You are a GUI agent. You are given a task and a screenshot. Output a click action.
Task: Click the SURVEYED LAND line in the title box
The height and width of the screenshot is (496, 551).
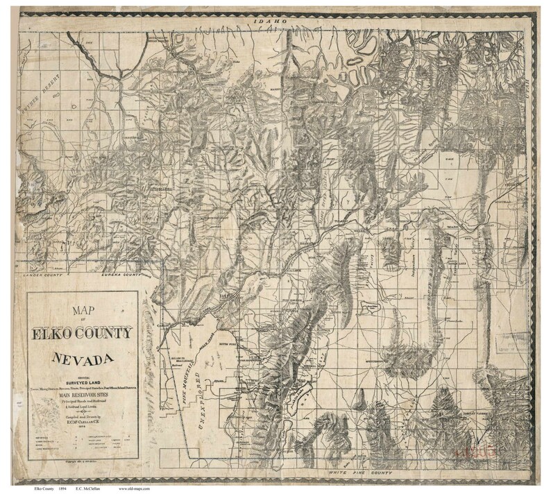coord(81,380)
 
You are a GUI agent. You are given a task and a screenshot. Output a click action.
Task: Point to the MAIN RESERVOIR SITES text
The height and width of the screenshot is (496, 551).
coord(81,393)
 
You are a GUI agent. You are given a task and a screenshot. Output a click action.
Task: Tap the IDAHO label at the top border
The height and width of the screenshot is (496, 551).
coord(270,23)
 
